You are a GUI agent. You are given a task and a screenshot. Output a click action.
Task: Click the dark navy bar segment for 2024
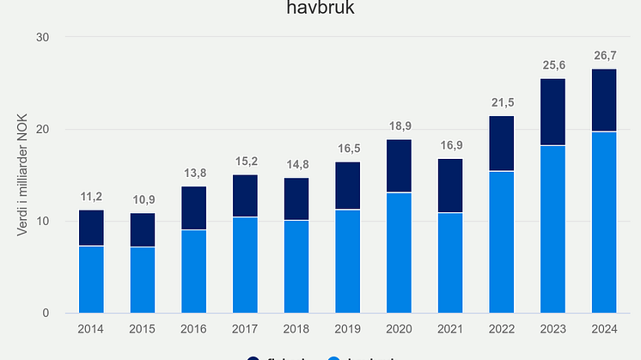[603, 100]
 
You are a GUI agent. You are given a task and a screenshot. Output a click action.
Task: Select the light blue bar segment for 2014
[91, 279]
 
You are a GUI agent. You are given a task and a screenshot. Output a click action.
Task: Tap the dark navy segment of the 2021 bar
[450, 186]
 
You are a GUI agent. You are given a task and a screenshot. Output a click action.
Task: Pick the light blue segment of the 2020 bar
[399, 253]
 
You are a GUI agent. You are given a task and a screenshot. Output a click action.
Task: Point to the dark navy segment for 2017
[245, 196]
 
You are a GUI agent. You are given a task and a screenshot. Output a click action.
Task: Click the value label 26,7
[603, 56]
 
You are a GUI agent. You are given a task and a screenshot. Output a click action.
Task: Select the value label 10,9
[143, 200]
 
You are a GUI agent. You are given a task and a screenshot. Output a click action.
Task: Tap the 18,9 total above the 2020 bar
[399, 126]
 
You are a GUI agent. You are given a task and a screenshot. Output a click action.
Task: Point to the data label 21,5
[501, 103]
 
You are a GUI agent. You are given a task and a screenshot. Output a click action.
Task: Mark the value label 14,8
[296, 165]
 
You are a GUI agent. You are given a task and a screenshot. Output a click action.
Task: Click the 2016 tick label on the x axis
[193, 328]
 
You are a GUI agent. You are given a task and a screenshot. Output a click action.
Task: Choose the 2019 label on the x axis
[347, 328]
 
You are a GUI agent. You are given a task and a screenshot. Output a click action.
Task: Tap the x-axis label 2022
[501, 328]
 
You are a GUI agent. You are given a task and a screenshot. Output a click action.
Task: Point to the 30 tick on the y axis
[44, 38]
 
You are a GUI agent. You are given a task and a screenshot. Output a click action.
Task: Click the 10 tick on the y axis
[44, 221]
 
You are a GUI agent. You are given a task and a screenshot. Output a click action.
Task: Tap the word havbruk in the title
[320, 9]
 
